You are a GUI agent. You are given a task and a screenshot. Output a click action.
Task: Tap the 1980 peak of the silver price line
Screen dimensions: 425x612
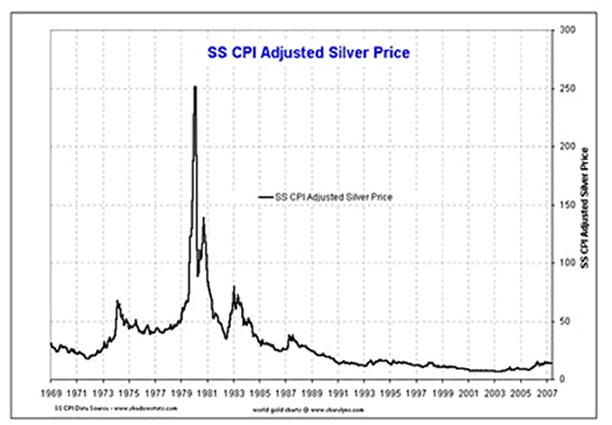pos(194,88)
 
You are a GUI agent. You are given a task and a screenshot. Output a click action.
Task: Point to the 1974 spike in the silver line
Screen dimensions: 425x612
pos(117,302)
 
